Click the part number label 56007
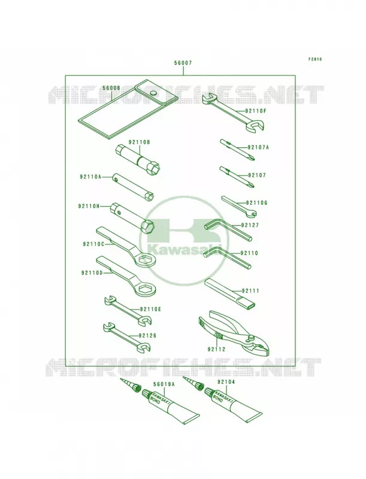click(x=183, y=63)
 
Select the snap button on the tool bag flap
click(x=153, y=92)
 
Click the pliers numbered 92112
click(x=235, y=334)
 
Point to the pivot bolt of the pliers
click(x=251, y=337)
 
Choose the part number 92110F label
click(x=255, y=111)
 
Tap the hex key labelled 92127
click(x=228, y=231)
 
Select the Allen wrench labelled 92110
click(x=227, y=258)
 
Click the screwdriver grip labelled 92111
click(x=230, y=293)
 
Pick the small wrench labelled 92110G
click(x=239, y=207)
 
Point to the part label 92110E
click(x=150, y=310)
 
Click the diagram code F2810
click(x=314, y=59)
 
